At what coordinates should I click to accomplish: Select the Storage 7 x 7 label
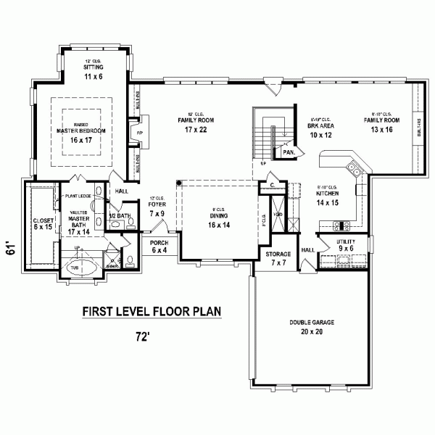click(x=278, y=258)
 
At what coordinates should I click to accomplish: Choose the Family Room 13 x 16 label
click(x=383, y=125)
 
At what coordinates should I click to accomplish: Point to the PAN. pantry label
click(x=288, y=153)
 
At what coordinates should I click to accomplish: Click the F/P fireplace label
click(x=140, y=133)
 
